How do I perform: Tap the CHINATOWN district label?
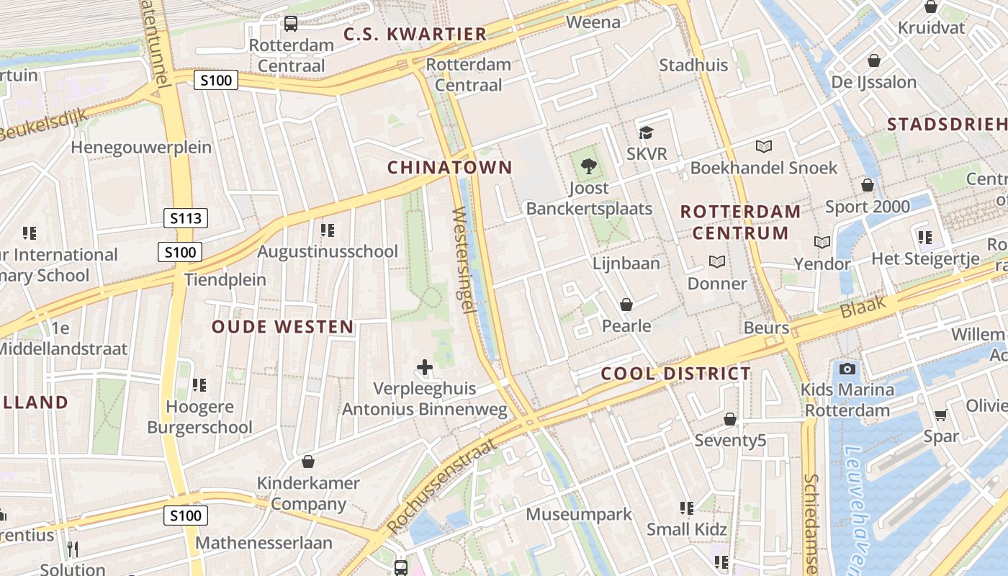point(450,168)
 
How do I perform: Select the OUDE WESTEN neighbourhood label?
point(283,327)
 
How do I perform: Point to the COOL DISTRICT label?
point(676,374)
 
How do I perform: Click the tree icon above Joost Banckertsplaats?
point(589,166)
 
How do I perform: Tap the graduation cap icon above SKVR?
point(646,132)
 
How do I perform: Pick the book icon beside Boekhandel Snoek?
point(764,146)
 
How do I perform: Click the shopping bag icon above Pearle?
point(626,305)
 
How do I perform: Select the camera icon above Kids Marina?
point(847,369)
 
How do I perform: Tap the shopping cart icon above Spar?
point(940,415)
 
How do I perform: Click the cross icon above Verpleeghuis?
point(425,367)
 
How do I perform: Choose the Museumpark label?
point(579,514)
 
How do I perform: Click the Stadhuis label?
point(693,65)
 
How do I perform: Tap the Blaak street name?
point(863,309)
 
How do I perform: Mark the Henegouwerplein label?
point(141,148)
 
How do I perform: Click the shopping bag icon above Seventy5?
point(730,418)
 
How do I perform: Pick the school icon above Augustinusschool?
point(328,230)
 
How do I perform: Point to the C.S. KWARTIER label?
point(415,34)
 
